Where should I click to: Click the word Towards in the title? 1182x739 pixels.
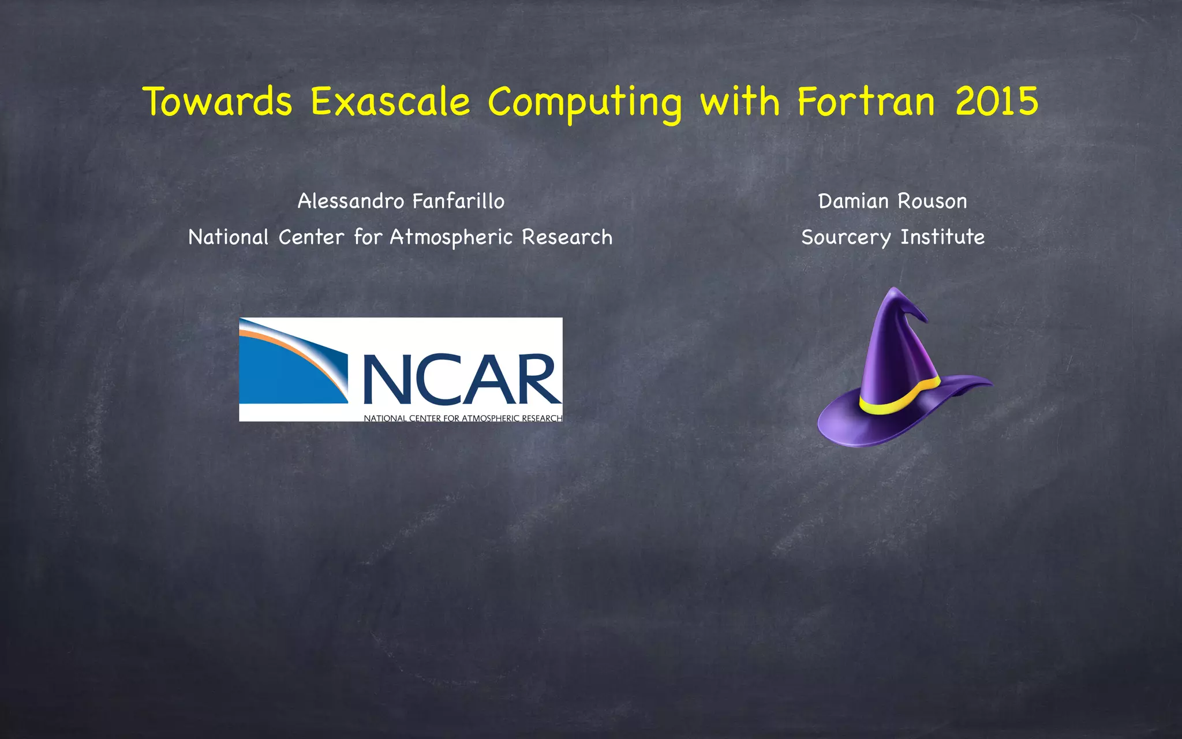pyautogui.click(x=217, y=102)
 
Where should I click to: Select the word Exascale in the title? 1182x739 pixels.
pyautogui.click(x=390, y=102)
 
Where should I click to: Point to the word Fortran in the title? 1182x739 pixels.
pyautogui.click(x=866, y=102)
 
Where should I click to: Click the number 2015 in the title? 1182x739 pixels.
pyautogui.click(x=996, y=102)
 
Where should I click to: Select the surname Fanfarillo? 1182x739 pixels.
pyautogui.click(x=458, y=201)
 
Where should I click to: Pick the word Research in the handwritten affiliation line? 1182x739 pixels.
pyautogui.click(x=567, y=237)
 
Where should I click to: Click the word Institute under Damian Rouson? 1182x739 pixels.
pyautogui.click(x=942, y=237)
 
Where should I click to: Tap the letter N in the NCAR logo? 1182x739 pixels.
pyautogui.click(x=387, y=379)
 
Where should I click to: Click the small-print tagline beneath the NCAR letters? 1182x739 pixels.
pyautogui.click(x=462, y=417)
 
